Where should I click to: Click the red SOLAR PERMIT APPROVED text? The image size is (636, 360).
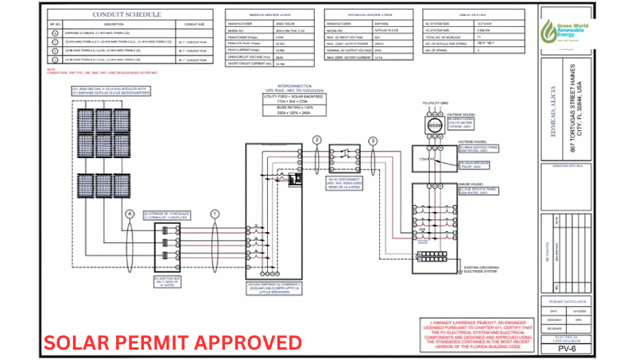173,343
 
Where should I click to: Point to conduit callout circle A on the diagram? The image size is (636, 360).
129,213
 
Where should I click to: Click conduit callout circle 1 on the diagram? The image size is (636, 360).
213,213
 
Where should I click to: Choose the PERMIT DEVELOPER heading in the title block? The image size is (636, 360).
567,302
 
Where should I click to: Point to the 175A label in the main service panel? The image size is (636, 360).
422,161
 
